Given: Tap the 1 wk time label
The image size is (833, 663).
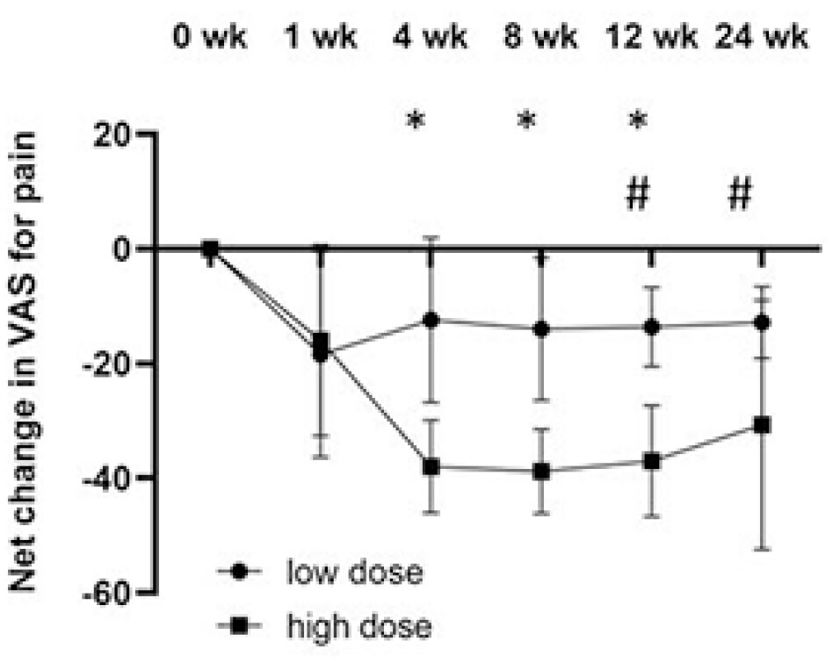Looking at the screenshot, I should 319,40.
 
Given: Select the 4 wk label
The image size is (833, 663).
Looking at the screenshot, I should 430,40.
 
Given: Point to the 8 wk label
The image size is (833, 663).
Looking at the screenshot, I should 540,40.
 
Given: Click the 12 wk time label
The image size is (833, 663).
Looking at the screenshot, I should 649,40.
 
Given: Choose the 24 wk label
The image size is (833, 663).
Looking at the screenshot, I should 761,40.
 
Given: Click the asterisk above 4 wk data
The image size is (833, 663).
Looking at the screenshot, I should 416,121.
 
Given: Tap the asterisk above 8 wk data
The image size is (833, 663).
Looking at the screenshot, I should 526,121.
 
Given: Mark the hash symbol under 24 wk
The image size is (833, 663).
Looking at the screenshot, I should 740,195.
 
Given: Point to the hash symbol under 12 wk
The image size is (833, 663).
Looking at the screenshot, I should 637,195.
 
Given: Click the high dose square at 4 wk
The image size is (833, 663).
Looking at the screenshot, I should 431,467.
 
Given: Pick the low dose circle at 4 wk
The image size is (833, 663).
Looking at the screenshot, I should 431,321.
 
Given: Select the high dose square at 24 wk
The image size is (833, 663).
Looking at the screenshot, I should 762,425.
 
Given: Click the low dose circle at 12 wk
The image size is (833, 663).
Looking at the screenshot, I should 651,327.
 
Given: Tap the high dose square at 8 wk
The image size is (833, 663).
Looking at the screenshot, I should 541,472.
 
